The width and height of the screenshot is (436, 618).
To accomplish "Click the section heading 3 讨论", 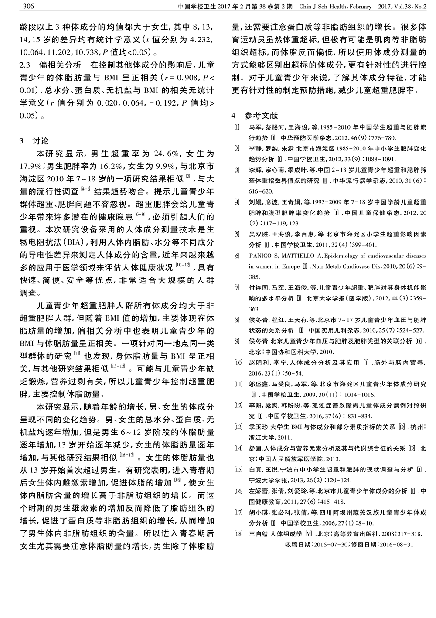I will pos(34,141).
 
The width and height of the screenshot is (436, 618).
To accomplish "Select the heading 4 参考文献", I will pos(255,116).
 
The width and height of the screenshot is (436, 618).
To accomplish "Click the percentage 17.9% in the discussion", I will pos(31,167).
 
